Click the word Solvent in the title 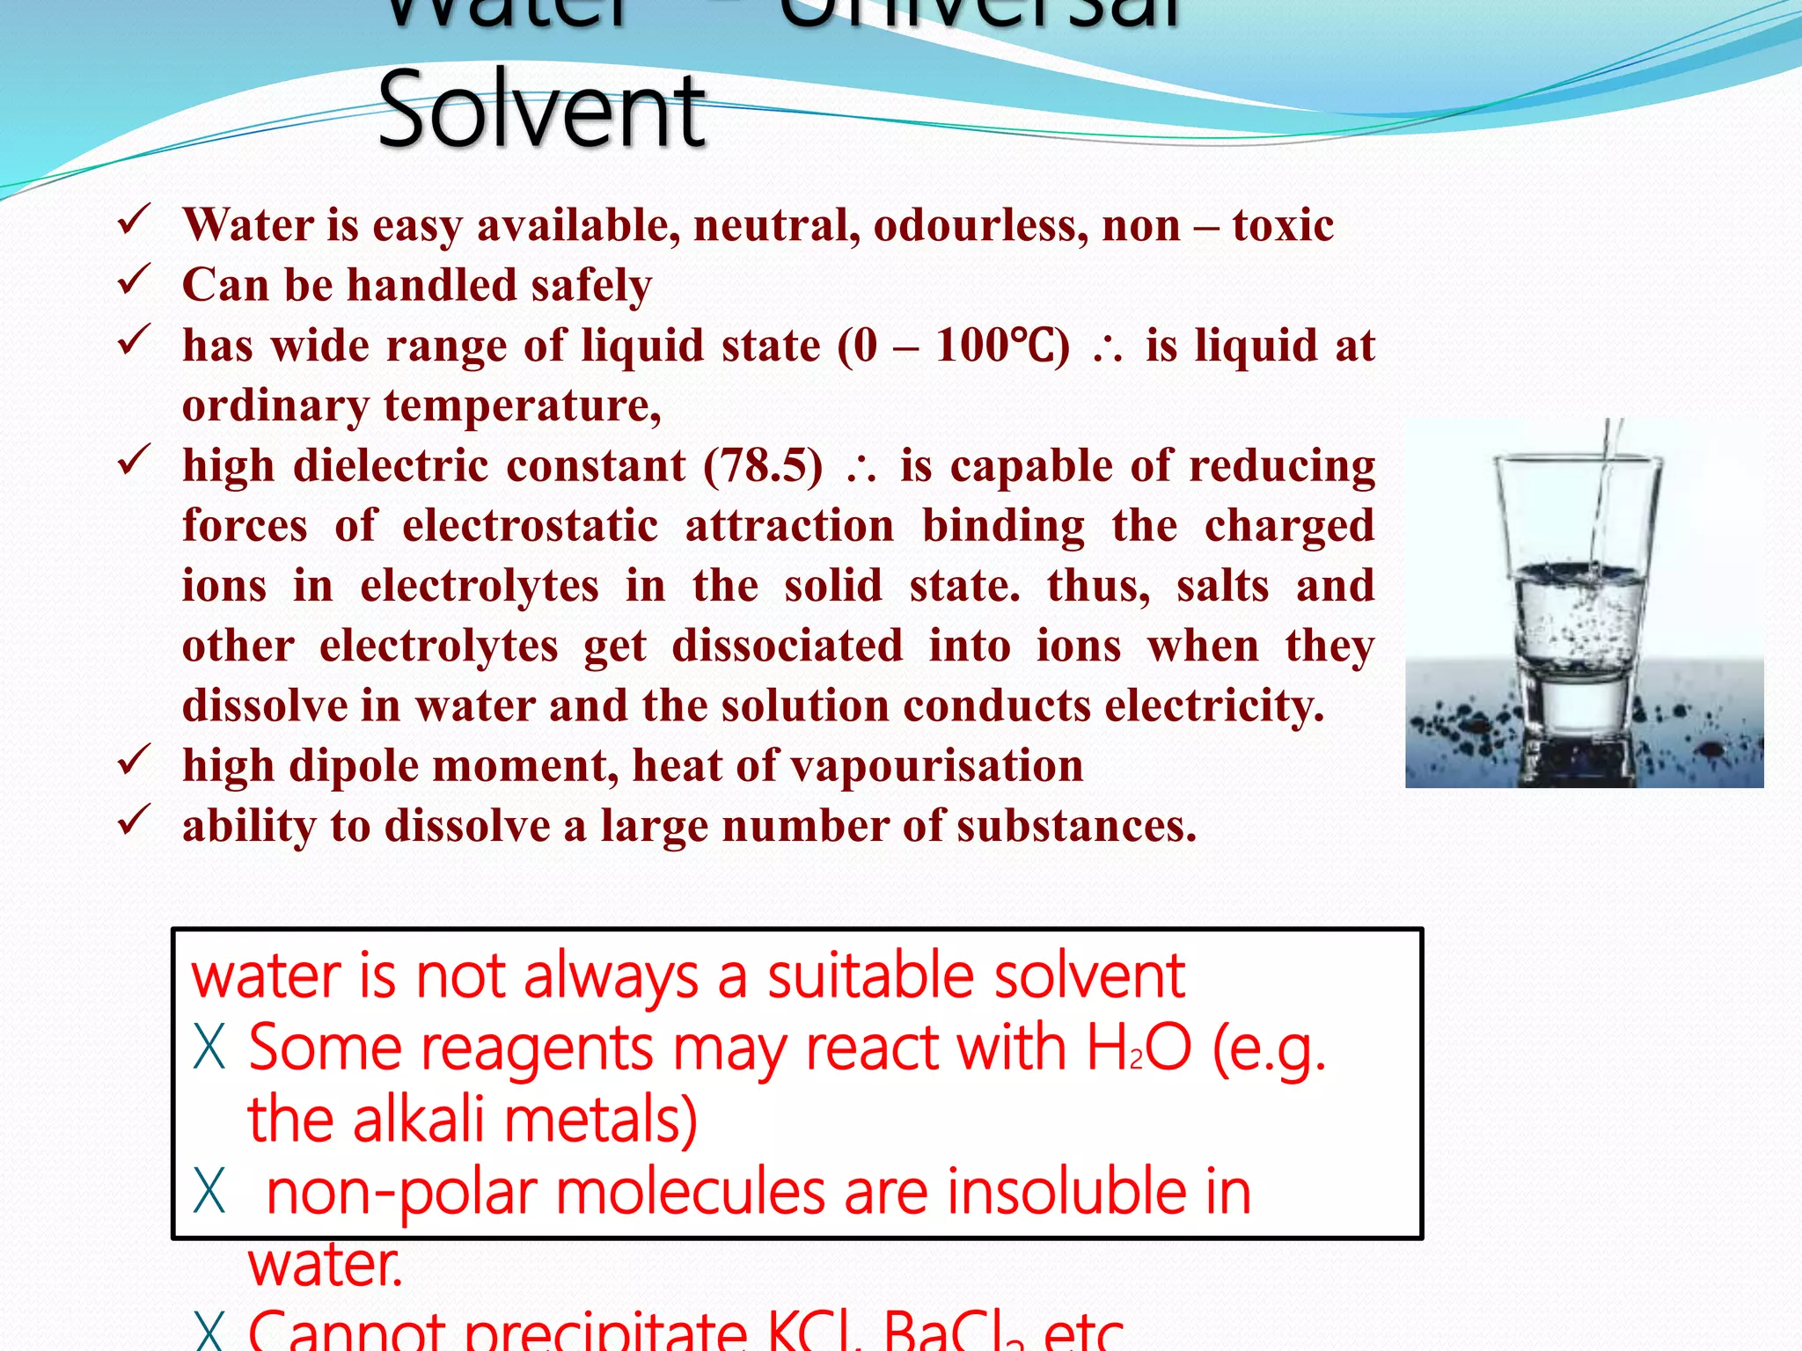[541, 111]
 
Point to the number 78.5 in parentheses [763, 465]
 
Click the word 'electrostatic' [530, 526]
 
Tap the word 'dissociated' [787, 646]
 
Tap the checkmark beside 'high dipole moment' [134, 761]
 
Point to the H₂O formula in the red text [1139, 1048]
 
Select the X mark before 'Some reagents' [209, 1048]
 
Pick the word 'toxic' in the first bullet [1282, 225]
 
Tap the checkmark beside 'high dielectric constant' [134, 461]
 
